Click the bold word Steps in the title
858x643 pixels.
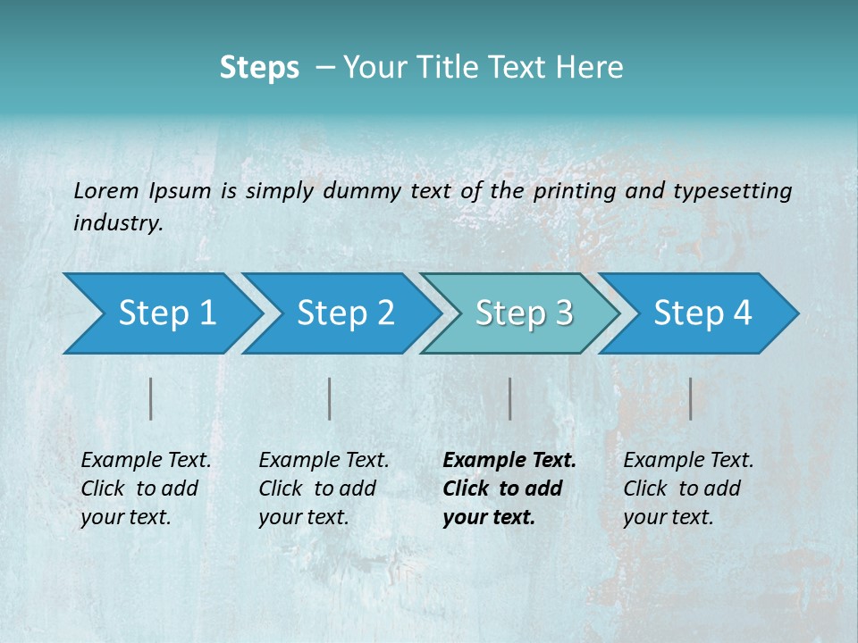259,68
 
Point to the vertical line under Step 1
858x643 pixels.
151,398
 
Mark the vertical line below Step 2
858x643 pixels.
330,398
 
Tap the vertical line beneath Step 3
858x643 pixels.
509,398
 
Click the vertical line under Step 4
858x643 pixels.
690,398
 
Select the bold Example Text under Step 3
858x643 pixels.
509,461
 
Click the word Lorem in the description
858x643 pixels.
106,190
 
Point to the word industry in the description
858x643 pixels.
117,223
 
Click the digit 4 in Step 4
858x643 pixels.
742,313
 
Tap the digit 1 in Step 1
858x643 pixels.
207,313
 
